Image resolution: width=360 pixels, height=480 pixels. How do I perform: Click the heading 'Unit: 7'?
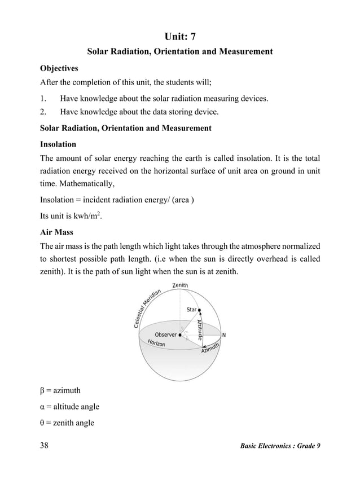coord(180,37)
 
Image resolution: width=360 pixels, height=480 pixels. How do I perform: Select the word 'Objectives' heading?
coord(59,68)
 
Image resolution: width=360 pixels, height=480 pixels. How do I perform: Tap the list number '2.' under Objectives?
coord(45,112)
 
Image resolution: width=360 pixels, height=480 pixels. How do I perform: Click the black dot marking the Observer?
coord(180,335)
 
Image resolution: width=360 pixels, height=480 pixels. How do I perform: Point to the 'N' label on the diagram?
coord(224,334)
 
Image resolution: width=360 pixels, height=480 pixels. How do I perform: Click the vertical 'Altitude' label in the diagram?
coord(200,329)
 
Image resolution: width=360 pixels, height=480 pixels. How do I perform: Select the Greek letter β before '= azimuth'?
coord(43,390)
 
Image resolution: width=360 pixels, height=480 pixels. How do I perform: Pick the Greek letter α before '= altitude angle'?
coord(43,407)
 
